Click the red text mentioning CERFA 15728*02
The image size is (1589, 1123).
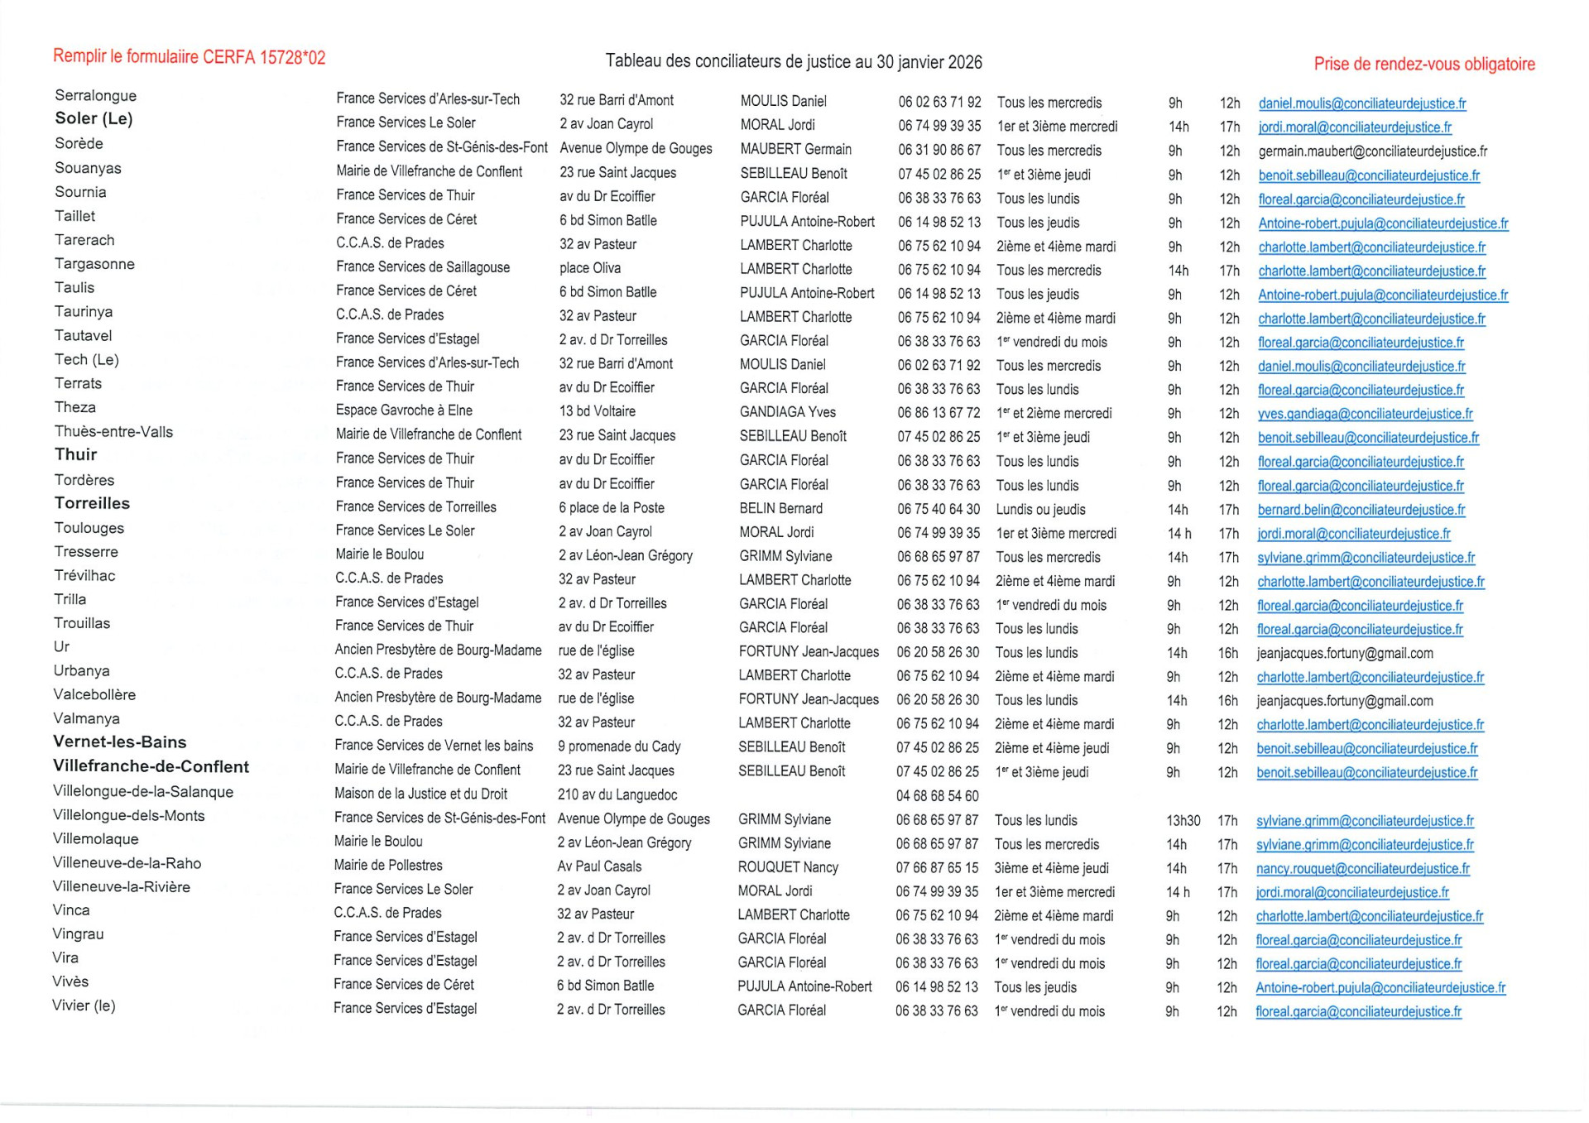(x=189, y=57)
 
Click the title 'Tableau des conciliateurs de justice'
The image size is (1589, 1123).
(x=793, y=62)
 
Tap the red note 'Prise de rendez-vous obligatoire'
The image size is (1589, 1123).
(x=1423, y=65)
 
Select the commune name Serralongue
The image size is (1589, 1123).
(x=95, y=96)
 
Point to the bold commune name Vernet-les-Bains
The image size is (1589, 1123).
(x=120, y=742)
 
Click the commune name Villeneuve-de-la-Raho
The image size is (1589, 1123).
(x=127, y=863)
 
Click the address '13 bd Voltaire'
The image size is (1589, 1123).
(x=597, y=411)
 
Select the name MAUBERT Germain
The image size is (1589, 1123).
(x=795, y=150)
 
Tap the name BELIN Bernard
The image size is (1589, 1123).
(x=780, y=509)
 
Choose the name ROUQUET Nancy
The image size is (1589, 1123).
(x=788, y=867)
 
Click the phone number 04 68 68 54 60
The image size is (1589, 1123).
(x=937, y=796)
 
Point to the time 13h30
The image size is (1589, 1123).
(x=1183, y=821)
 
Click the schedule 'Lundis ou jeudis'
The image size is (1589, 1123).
(x=1040, y=510)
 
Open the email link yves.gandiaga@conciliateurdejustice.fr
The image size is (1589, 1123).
(x=1364, y=414)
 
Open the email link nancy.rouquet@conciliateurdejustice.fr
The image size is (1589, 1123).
(x=1362, y=869)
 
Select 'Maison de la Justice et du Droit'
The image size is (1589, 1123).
(x=420, y=794)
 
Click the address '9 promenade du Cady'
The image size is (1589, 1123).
(x=618, y=746)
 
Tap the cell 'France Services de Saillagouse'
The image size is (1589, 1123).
(x=422, y=267)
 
